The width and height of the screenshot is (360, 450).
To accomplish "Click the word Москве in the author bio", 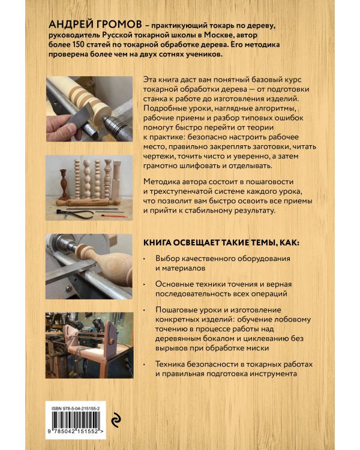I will point(232,34).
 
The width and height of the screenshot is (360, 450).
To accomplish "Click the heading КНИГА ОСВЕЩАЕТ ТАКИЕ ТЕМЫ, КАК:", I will point(223,244).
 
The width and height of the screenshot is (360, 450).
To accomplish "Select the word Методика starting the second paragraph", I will point(163,181).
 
